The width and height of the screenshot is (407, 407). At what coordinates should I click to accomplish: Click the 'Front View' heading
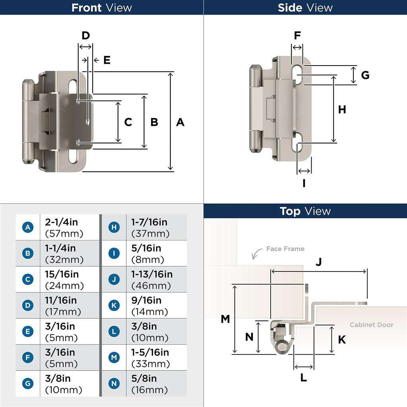[101, 8]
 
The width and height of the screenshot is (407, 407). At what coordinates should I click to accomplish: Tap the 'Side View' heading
[305, 8]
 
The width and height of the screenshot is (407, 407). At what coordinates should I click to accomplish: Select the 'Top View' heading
[305, 211]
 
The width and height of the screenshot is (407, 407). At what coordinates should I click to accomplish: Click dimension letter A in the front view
[180, 122]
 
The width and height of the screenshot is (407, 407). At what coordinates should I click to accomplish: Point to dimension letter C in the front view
[128, 122]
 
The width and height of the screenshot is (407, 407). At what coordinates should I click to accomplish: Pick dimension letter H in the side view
[342, 109]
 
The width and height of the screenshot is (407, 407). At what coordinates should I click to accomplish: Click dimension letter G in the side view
[365, 75]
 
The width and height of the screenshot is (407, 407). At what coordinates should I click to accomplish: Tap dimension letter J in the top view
[319, 262]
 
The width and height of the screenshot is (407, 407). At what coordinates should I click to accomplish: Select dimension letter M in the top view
[225, 319]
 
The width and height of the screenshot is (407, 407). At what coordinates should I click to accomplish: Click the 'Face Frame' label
[285, 249]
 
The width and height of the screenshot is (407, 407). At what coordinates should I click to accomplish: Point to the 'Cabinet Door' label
[371, 325]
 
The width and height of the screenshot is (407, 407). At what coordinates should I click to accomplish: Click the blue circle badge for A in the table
[27, 227]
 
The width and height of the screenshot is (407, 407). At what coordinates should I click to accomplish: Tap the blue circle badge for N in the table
[114, 384]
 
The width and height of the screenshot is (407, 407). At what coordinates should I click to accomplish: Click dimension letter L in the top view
[304, 378]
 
